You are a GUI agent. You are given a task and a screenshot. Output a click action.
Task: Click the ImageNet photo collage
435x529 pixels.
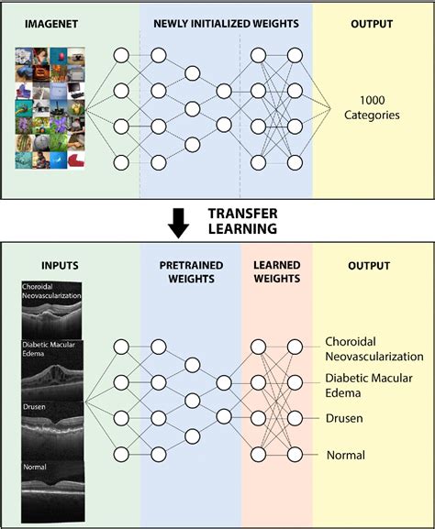(51, 108)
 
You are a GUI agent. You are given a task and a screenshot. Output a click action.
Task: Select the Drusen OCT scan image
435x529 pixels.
(53, 426)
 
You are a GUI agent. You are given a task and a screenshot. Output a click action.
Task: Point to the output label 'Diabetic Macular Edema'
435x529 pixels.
(367, 385)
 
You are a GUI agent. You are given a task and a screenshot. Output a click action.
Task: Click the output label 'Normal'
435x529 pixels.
(345, 455)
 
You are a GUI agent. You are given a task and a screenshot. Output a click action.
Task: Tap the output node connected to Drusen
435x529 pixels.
(296, 418)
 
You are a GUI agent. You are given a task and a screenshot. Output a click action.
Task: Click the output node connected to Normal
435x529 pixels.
(296, 454)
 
